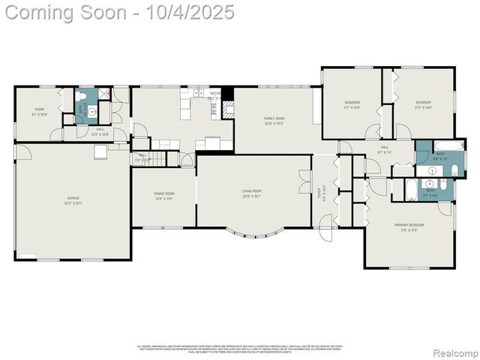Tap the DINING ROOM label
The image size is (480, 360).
(163, 196)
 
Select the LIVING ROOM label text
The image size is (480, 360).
(251, 193)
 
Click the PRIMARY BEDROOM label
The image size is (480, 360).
(409, 227)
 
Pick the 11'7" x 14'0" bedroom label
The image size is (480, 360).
(352, 105)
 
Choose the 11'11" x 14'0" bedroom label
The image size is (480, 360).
(423, 105)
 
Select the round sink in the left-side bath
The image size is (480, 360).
(90, 114)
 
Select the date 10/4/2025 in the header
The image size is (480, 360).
(192, 13)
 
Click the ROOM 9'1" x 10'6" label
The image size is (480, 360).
(39, 112)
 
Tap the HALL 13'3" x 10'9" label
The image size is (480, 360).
(100, 132)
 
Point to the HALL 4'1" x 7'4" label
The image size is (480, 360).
(385, 150)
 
